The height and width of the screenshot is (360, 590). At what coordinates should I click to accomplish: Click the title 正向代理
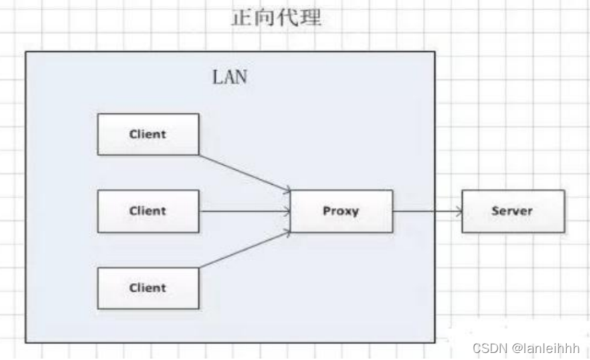point(276,18)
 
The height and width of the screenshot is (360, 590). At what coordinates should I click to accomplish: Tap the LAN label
point(230,77)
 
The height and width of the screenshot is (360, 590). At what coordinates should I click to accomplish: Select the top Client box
point(148,135)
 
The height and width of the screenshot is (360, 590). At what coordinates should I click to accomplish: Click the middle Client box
point(148,211)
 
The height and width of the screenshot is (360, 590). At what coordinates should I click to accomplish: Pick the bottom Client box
point(148,287)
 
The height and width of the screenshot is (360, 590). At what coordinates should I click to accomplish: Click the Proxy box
point(341,211)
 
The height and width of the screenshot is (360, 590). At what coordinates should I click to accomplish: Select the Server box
point(513,211)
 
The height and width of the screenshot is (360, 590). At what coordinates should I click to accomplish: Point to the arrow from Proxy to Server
point(427,211)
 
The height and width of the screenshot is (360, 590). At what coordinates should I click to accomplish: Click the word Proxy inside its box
point(341,211)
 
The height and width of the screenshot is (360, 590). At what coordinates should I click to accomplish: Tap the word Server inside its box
point(513,211)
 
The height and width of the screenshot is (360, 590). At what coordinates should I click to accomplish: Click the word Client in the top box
point(148,135)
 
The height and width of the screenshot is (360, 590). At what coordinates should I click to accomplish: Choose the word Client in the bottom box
point(148,287)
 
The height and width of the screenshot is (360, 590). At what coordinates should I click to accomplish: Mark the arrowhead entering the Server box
point(458,211)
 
